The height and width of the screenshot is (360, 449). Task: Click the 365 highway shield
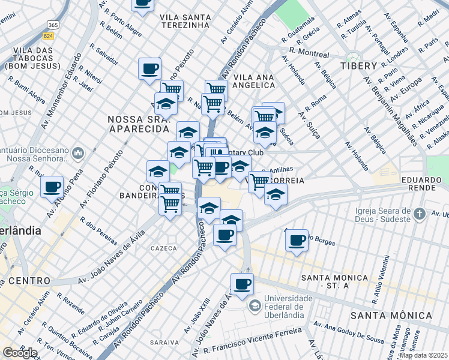pyautogui.click(x=53, y=25)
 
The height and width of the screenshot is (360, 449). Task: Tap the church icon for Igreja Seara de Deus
pyautogui.click(x=420, y=214)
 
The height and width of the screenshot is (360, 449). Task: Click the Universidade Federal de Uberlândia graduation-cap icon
pyautogui.click(x=255, y=307)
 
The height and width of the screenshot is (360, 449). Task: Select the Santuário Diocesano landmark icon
pyautogui.click(x=77, y=154)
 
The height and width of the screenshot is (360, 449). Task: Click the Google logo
pyautogui.click(x=19, y=353)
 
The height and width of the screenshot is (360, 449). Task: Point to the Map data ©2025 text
pyautogui.click(x=423, y=355)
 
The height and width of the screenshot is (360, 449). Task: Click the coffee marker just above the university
pyautogui.click(x=242, y=284)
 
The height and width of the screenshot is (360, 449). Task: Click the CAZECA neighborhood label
pyautogui.click(x=164, y=248)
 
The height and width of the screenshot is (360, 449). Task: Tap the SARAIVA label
pyautogui.click(x=164, y=342)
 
